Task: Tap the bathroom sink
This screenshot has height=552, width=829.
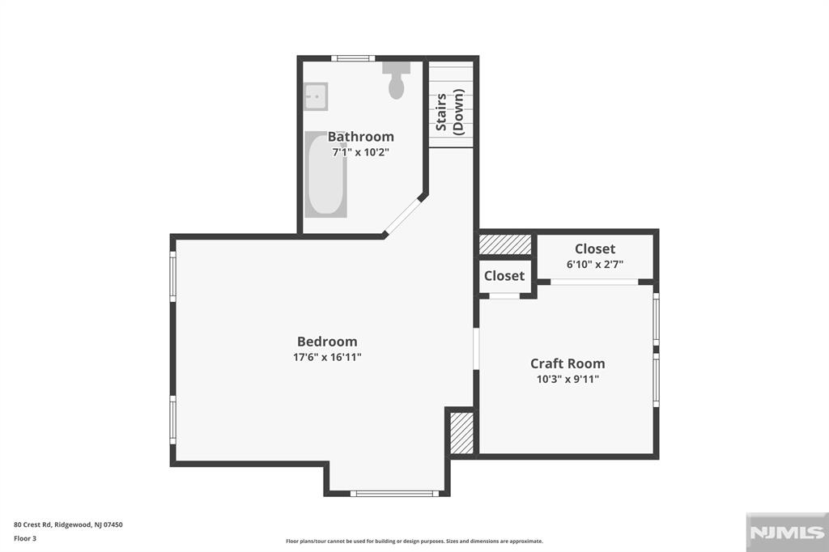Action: [x=316, y=96]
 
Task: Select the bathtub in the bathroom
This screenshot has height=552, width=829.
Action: [x=325, y=175]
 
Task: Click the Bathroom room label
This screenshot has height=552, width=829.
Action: [x=360, y=137]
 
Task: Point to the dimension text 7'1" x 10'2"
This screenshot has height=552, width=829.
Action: [x=360, y=152]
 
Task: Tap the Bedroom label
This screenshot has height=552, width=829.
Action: [x=326, y=342]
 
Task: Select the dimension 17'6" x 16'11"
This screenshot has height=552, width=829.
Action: [x=326, y=357]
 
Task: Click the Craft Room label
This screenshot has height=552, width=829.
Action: [x=567, y=363]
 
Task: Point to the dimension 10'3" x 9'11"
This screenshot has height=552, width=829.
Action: [x=567, y=379]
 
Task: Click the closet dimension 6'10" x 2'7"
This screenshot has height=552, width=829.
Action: [x=595, y=264]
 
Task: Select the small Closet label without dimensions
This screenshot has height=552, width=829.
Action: [x=504, y=276]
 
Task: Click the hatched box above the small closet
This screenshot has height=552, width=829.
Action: [x=504, y=244]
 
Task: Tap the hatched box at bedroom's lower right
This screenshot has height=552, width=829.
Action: [x=461, y=433]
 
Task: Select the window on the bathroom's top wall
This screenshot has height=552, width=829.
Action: [x=353, y=58]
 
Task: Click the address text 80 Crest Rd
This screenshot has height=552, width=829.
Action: [x=68, y=524]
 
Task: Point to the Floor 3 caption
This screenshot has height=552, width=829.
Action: [x=25, y=537]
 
